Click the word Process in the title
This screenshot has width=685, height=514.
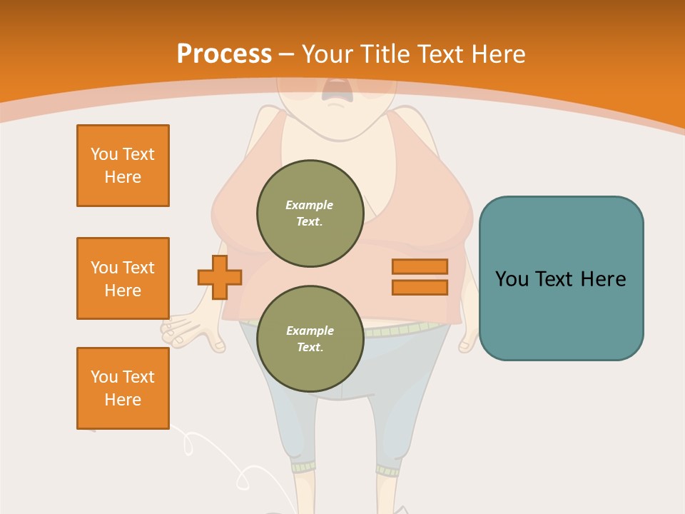tap(224, 54)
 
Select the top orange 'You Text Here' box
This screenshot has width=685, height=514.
tap(123, 166)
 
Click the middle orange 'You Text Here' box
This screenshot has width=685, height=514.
tap(123, 278)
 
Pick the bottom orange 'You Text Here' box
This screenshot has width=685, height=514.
tap(123, 388)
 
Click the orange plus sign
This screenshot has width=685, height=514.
tap(220, 277)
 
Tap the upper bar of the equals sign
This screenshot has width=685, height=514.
tap(420, 266)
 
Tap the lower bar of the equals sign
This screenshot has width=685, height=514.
tap(420, 287)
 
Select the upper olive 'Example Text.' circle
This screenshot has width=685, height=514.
tap(310, 213)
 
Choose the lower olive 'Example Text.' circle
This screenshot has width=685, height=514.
tap(310, 339)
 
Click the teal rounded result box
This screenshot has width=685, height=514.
tap(561, 278)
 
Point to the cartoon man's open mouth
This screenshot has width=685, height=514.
tap(333, 90)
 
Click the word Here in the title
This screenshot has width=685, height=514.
tap(497, 54)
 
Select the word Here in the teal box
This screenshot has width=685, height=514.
tap(603, 278)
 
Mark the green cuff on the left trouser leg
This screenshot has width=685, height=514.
tap(303, 467)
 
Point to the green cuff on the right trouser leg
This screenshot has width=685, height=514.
tap(388, 470)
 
